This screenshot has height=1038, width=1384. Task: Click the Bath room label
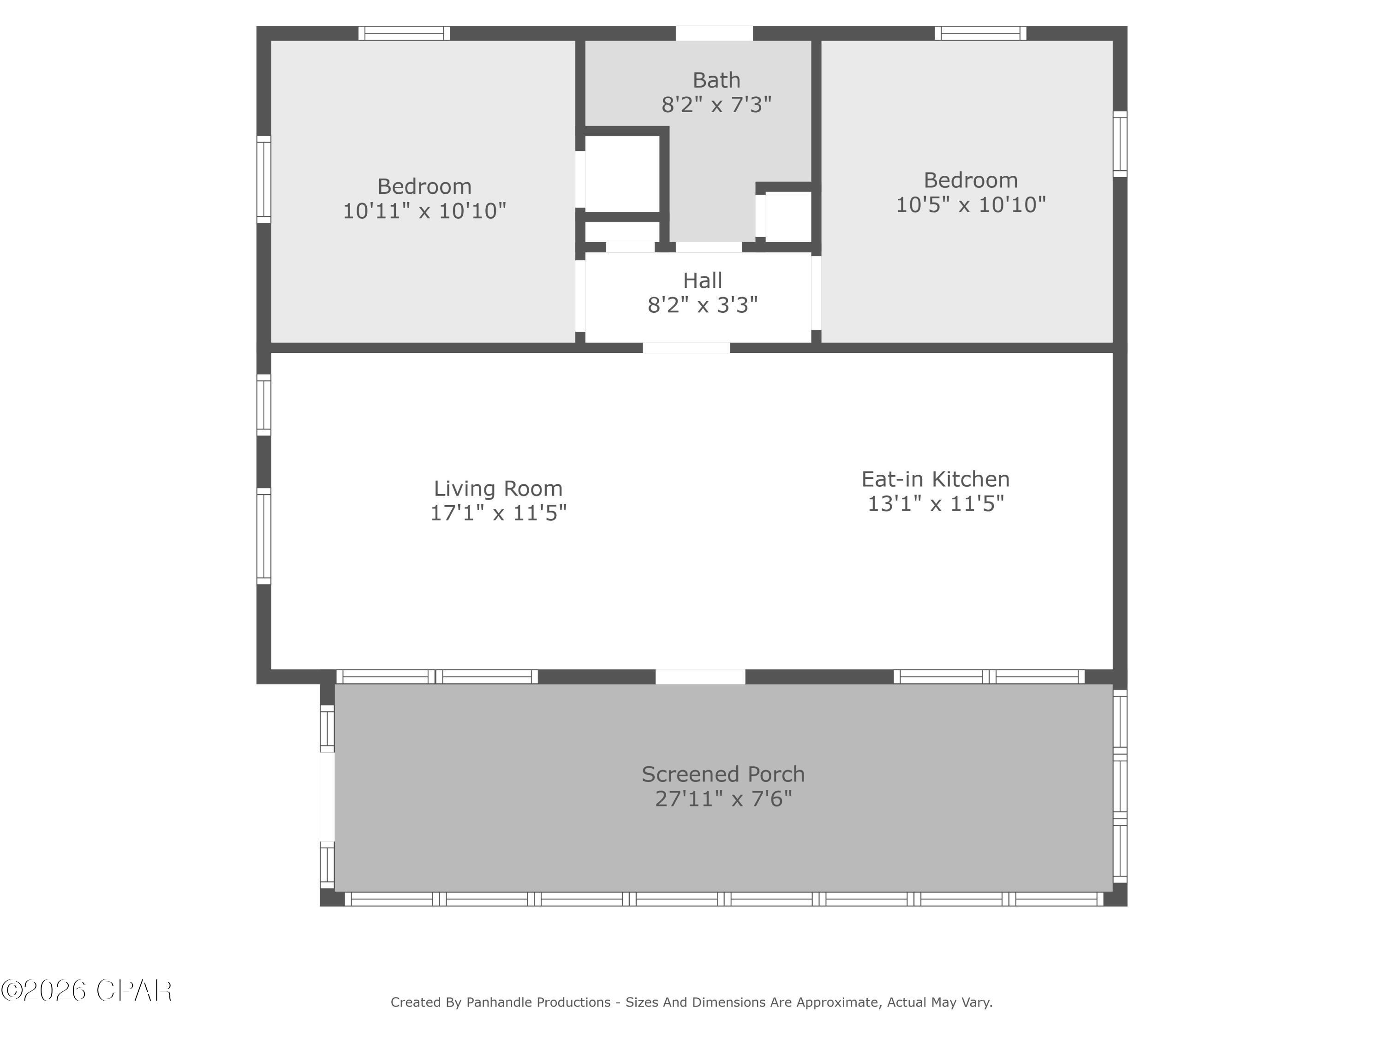[x=716, y=80]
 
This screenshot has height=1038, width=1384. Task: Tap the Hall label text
[x=703, y=280]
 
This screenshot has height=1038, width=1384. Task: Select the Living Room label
[x=498, y=488]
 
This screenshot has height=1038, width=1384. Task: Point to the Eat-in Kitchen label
[x=936, y=479]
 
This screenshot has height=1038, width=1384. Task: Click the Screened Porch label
[x=723, y=775]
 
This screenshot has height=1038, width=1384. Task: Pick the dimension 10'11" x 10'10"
[x=424, y=211]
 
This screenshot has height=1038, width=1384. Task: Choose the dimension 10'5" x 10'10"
[x=971, y=204]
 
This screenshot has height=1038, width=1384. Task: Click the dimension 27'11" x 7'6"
[x=723, y=799]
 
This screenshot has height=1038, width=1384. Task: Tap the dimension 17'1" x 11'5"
[x=498, y=513]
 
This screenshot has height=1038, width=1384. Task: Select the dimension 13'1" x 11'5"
[x=936, y=504]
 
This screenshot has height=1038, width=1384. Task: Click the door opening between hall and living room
[x=686, y=348]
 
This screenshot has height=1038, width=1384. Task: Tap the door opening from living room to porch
[x=700, y=676]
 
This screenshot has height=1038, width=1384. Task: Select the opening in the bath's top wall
[x=714, y=33]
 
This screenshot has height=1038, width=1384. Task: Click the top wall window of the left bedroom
[x=404, y=33]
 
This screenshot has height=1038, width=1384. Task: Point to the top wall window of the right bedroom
[x=980, y=33]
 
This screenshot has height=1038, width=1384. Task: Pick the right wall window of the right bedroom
[x=1120, y=144]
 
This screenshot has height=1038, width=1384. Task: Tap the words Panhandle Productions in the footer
[x=538, y=1002]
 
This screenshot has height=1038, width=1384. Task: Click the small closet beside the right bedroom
[x=788, y=216]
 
